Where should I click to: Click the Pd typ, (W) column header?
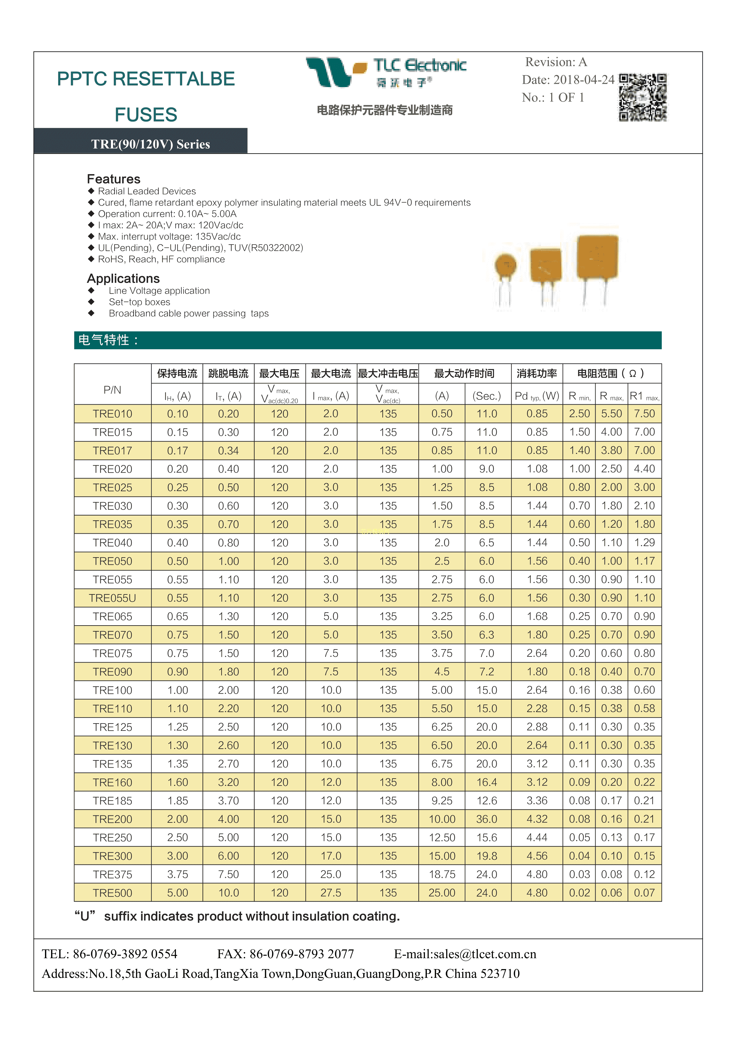click(537, 396)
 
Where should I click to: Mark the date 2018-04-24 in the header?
click(584, 80)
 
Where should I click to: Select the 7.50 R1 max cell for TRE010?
click(644, 414)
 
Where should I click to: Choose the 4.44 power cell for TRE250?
click(537, 837)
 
